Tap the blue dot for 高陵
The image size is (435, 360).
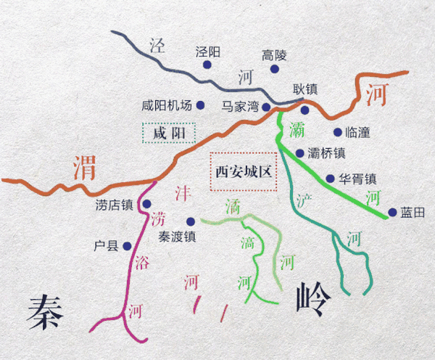pyautogui.click(x=275, y=69)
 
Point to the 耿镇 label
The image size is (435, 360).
pyautogui.click(x=305, y=90)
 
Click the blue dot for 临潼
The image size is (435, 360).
pyautogui.click(x=337, y=132)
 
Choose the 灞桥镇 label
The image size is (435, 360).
pyautogui.click(x=326, y=153)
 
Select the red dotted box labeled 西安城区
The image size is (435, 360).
pyautogui.click(x=243, y=172)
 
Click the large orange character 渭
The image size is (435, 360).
pyautogui.click(x=86, y=169)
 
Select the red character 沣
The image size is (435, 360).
pyautogui.click(x=183, y=193)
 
